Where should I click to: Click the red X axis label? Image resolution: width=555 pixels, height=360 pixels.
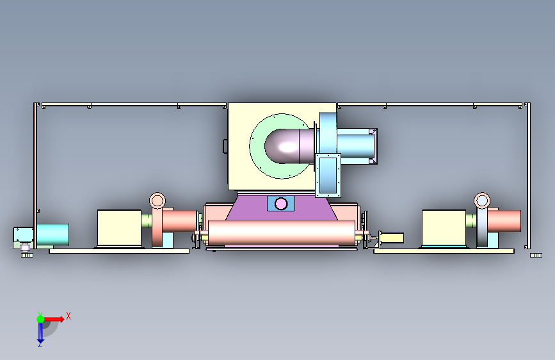pos(68,316)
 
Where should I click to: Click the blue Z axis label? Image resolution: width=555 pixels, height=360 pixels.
pos(40,344)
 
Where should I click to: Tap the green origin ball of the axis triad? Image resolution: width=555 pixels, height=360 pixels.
pos(40,319)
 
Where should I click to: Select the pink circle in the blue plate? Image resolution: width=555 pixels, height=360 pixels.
pos(280,204)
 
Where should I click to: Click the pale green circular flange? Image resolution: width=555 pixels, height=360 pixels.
pos(258,156)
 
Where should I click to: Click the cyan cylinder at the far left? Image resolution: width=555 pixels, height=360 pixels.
pos(52,234)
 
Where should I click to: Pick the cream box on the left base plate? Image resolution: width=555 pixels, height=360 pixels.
pos(119,228)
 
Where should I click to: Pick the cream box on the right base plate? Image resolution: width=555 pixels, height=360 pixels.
pos(444,228)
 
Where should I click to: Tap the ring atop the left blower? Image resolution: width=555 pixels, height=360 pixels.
pos(157,201)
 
